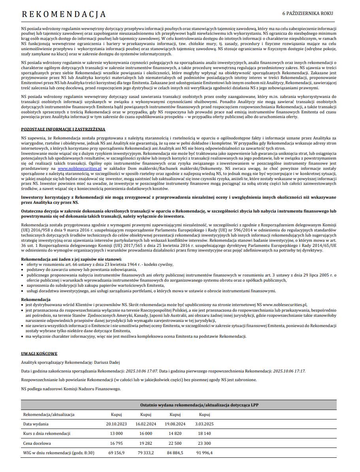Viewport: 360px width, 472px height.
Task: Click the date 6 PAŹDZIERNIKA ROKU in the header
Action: click(x=307, y=13)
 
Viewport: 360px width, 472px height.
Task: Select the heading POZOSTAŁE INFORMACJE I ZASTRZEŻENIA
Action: click(x=63, y=129)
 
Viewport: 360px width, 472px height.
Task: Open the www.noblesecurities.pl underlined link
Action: click(x=80, y=168)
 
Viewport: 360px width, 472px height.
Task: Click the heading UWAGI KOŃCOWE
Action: click(x=39, y=354)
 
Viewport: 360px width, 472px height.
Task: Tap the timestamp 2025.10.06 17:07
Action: click(x=141, y=371)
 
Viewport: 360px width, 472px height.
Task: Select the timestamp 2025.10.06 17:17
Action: click(x=289, y=371)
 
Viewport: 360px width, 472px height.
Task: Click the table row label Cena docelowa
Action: click(x=37, y=443)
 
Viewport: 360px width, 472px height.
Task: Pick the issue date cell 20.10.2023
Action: click(x=116, y=424)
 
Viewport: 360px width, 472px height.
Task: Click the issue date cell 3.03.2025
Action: click(x=204, y=424)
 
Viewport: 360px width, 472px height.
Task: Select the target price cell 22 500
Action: click(x=175, y=443)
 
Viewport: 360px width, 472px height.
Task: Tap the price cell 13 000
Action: click(x=116, y=433)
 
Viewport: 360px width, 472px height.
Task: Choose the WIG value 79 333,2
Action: click(x=146, y=453)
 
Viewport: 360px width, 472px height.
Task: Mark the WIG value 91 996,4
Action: click(x=204, y=453)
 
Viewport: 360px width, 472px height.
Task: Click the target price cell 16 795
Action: click(x=116, y=443)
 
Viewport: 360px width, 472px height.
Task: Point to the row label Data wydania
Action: click(x=36, y=424)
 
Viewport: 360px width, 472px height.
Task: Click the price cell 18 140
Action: click(x=204, y=433)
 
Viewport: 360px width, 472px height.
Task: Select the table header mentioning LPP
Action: click(x=200, y=405)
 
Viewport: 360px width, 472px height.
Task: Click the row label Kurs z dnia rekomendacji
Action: click(x=47, y=433)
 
